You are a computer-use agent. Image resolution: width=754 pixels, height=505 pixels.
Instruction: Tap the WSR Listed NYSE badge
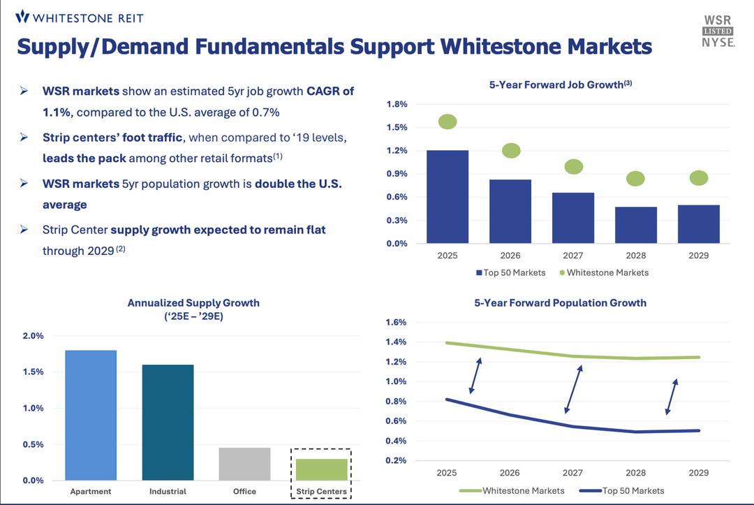tap(718, 31)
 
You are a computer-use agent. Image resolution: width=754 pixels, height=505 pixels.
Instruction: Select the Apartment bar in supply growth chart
tap(90, 415)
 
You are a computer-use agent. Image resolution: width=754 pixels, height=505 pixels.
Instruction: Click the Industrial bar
tap(168, 422)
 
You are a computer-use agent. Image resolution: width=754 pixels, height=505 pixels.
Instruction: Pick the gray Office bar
tap(244, 464)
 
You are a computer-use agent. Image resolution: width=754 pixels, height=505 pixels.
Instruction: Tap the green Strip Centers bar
tap(321, 469)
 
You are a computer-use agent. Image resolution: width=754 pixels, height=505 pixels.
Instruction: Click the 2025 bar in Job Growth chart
tap(448, 197)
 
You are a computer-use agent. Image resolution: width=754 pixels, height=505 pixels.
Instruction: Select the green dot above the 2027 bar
tap(573, 166)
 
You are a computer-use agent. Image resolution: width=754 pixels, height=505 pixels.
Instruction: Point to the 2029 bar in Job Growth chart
tap(698, 224)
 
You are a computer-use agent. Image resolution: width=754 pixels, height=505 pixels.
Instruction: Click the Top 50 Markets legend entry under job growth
tap(510, 272)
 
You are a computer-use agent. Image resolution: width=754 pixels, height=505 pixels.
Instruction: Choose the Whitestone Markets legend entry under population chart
tap(516, 490)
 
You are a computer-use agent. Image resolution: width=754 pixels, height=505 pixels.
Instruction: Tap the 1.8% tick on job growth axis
tap(397, 105)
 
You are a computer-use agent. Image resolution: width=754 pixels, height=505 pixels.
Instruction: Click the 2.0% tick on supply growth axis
tap(33, 335)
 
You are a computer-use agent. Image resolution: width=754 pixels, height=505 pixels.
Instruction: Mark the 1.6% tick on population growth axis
tap(396, 323)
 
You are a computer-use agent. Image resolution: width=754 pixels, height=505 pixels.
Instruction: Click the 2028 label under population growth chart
tap(635, 473)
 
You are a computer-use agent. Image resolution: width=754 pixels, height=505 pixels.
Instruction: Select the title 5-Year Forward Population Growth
tap(560, 303)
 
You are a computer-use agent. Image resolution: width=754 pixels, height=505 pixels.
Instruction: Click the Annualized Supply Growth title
tap(193, 303)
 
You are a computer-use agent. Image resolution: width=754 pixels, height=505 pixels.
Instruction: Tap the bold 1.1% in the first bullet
tap(59, 112)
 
